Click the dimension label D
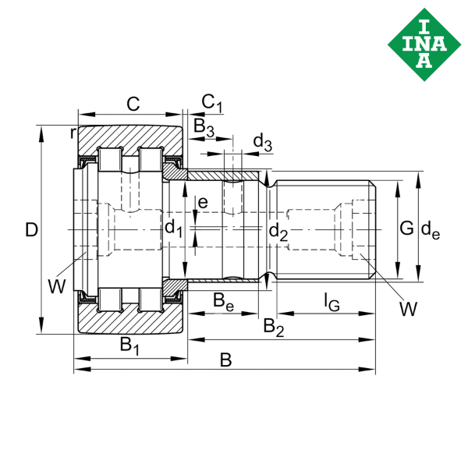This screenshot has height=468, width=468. pos(30,229)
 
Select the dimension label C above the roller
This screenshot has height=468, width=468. pos(133,103)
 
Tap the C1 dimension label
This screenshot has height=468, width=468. pos(211,102)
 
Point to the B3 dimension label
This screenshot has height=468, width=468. pos(203,126)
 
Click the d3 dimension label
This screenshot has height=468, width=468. pos(262,142)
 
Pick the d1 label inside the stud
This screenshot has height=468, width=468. pos(172,229)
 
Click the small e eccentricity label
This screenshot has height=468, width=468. pos(203,203)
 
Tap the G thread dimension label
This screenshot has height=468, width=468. pos(406,229)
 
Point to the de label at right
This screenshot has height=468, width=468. pos(430,229)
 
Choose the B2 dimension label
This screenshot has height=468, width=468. pos(273,325)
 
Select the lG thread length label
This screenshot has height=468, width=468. pos(332,303)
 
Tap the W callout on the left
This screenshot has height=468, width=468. pos(56,286)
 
